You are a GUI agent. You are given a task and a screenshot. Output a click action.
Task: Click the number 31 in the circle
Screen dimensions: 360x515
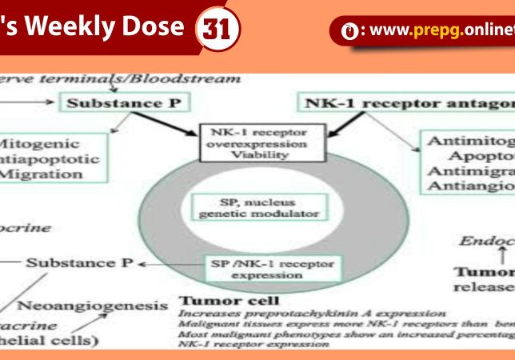[x=218, y=30]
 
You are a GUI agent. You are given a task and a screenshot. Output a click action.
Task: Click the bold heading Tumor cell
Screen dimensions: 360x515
[x=229, y=302]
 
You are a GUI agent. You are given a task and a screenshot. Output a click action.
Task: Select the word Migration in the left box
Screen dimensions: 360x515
[x=37, y=174]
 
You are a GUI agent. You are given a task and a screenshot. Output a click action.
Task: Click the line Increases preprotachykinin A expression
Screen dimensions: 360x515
[x=313, y=314]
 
